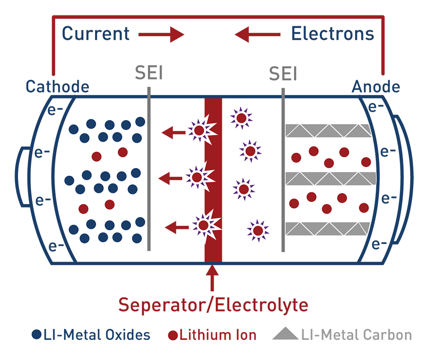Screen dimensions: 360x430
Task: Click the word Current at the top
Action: pyautogui.click(x=95, y=34)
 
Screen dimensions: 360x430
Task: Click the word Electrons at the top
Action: pyautogui.click(x=332, y=34)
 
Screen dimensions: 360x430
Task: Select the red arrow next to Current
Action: pyautogui.click(x=161, y=34)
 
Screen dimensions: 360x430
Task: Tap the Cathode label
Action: pyautogui.click(x=57, y=87)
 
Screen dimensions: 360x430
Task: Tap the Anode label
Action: pyautogui.click(x=376, y=87)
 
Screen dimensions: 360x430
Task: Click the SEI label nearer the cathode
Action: pyautogui.click(x=149, y=73)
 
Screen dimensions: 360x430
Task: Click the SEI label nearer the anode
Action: pyautogui.click(x=283, y=74)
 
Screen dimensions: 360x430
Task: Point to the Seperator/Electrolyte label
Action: pyautogui.click(x=213, y=305)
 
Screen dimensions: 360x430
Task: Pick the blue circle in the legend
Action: pyautogui.click(x=37, y=335)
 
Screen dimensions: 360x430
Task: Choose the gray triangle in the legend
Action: pyautogui.click(x=285, y=334)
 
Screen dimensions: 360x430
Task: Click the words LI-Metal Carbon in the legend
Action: pyautogui.click(x=356, y=335)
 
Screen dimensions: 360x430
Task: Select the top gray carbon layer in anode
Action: pyautogui.click(x=329, y=131)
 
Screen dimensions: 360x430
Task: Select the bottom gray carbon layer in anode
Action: pyautogui.click(x=328, y=229)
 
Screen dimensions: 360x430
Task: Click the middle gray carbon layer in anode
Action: pyautogui.click(x=330, y=179)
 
